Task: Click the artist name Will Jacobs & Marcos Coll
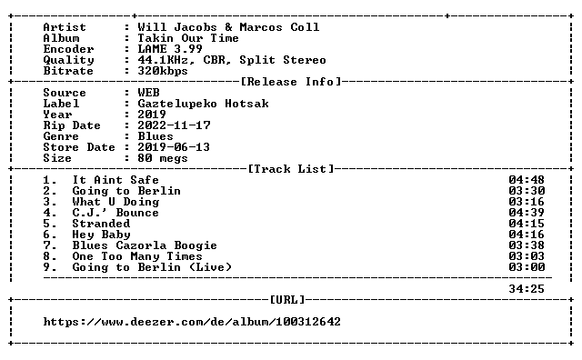coord(228,27)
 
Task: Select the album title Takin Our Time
coord(188,38)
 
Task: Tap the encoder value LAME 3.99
coord(170,49)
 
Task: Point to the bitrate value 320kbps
coord(163,71)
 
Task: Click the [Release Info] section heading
coord(291,82)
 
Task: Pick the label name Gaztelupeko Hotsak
coord(203,104)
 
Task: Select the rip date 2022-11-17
coord(174,125)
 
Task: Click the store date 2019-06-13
coord(174,147)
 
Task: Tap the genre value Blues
coord(156,136)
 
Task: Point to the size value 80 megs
coord(163,158)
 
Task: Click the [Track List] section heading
coord(291,169)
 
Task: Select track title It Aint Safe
coord(115,180)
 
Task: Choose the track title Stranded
coord(101,224)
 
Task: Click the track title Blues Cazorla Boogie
coord(145,245)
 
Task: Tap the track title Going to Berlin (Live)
coord(152,267)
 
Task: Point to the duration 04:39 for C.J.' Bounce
coord(527,213)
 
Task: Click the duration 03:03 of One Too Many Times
coord(527,256)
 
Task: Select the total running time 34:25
coord(527,289)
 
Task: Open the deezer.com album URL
coord(192,322)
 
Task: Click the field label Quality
coord(69,60)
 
